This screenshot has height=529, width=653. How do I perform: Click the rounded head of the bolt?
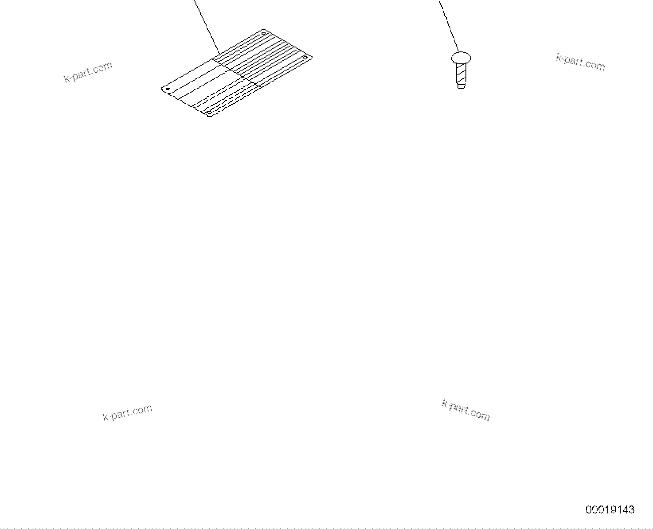tap(461, 57)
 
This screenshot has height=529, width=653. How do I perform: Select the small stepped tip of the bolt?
tap(461, 86)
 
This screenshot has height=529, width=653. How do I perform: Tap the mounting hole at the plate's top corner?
tap(263, 33)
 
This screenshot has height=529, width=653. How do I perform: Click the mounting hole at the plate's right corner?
tap(305, 58)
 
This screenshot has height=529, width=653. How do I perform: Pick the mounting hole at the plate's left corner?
tap(168, 89)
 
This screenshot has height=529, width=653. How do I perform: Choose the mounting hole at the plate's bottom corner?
tap(209, 113)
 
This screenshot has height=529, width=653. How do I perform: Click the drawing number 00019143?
tap(610, 509)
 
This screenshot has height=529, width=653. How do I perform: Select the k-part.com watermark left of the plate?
tap(88, 72)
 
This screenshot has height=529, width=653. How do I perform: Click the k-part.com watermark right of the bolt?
tap(580, 62)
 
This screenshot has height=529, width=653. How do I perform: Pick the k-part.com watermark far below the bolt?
tap(466, 410)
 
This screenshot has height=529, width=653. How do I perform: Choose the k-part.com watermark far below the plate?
tap(128, 412)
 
